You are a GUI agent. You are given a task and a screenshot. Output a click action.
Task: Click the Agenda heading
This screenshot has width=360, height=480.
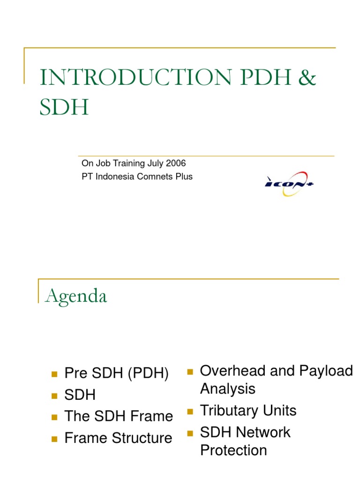pos(76,296)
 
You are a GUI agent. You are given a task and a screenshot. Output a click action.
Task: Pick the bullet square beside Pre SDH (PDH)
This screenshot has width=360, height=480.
pos(54,374)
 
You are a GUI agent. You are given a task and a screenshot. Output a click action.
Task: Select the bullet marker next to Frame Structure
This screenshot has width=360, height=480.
pos(54,439)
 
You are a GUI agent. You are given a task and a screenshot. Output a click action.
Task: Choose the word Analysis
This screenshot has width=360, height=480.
pos(228,389)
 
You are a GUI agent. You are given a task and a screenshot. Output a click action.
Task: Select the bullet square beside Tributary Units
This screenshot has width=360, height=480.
pos(190,412)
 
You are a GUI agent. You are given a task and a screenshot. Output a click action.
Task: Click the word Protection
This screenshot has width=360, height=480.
pos(233,450)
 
